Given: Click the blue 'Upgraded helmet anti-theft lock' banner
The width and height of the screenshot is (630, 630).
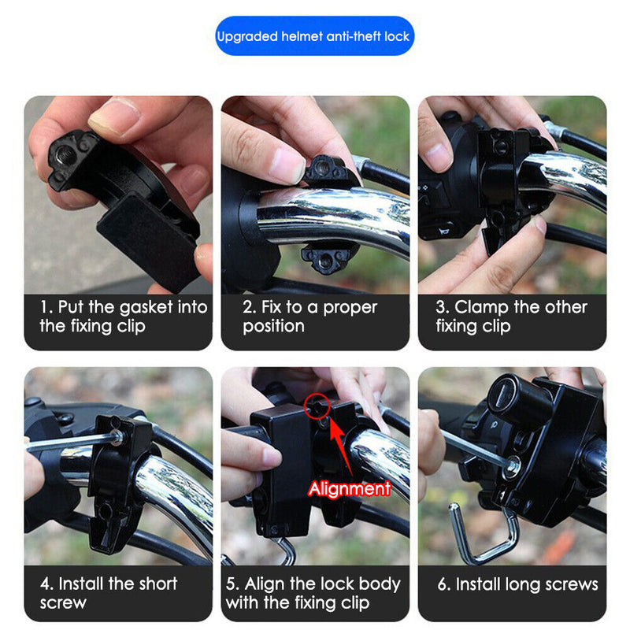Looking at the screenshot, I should coord(314,36).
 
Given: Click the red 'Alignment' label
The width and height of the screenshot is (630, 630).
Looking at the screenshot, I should coord(349,489).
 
